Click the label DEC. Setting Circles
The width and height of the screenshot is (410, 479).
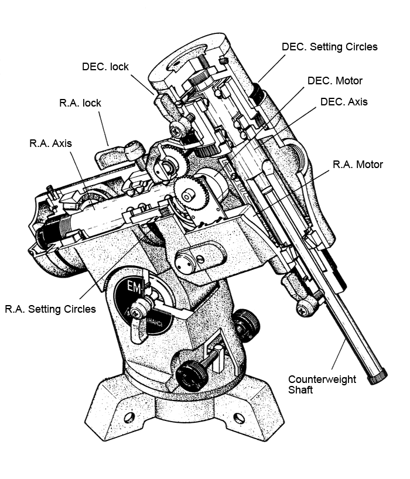329,46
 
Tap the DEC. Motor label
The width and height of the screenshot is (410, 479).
335,81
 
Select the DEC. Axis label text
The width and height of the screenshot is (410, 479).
344,101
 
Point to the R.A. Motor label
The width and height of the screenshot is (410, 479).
357,165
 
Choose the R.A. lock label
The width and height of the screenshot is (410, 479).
80,103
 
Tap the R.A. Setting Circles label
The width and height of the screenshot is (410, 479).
50,309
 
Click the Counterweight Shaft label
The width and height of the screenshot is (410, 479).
322,384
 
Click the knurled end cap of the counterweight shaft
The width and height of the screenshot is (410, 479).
378,376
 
